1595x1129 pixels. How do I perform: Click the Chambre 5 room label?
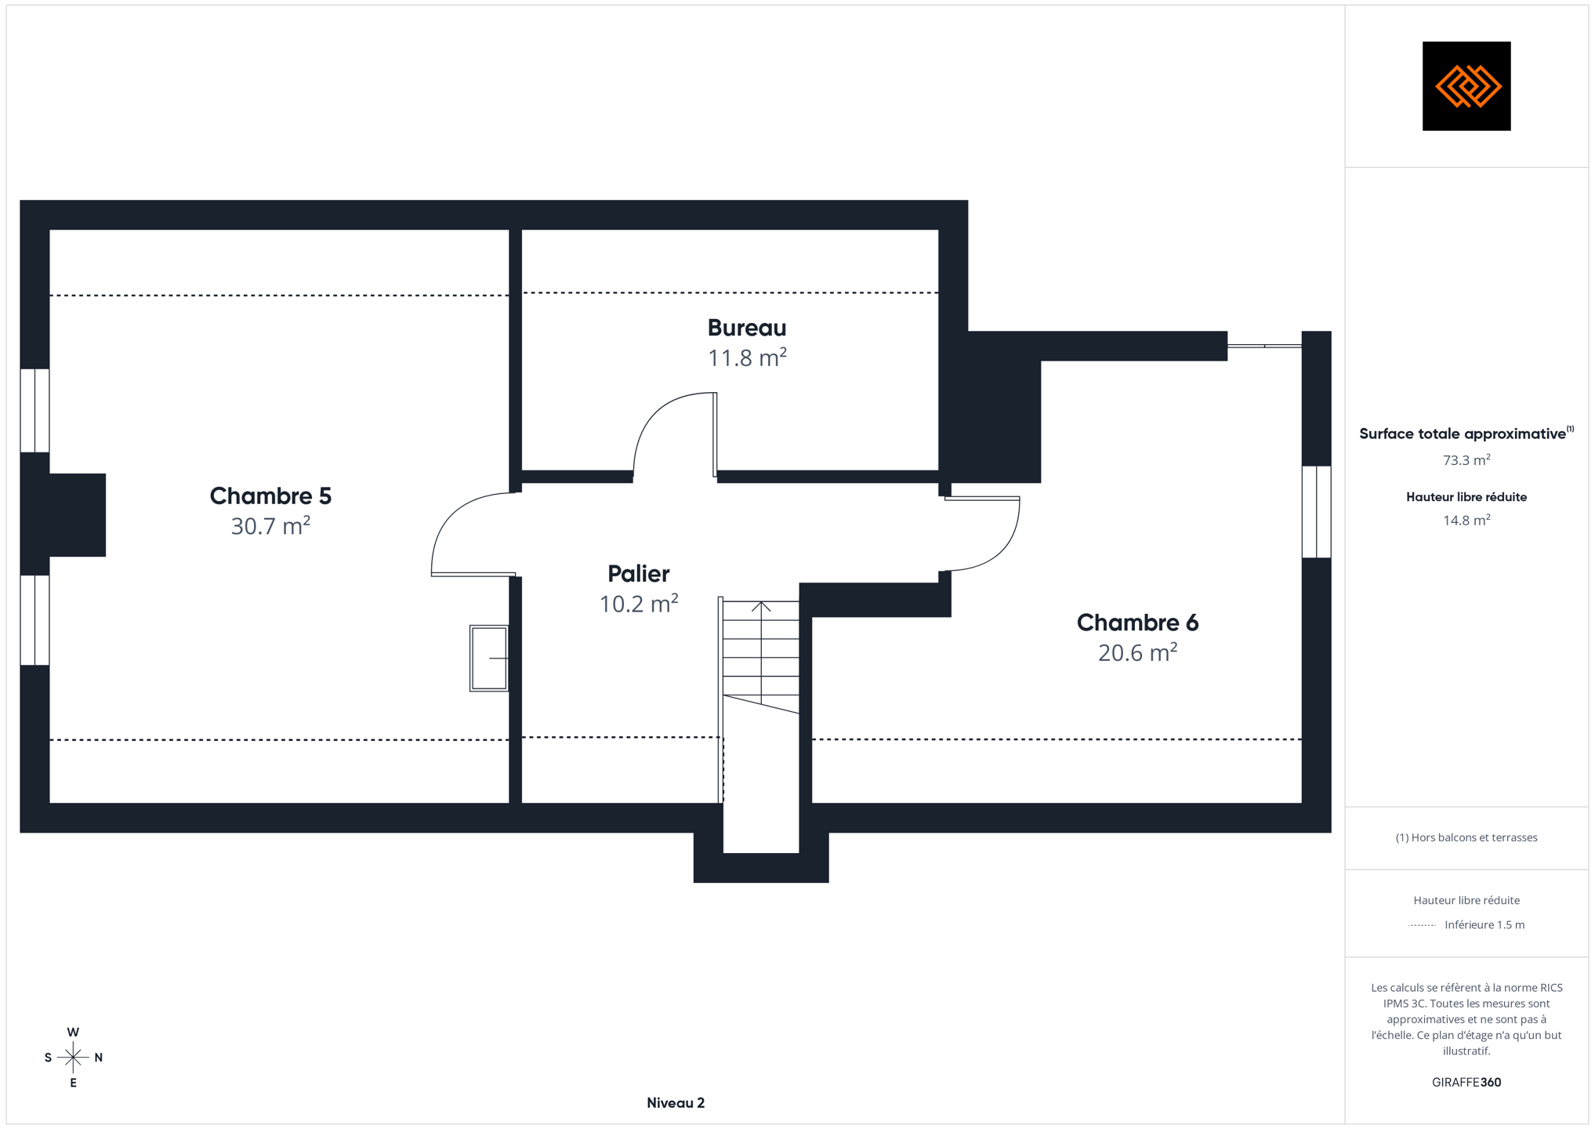click(270, 496)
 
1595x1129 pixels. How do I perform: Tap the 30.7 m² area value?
click(270, 525)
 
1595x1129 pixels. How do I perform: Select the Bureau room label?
click(747, 327)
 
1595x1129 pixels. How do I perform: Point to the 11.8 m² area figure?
click(747, 358)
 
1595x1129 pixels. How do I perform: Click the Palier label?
click(638, 573)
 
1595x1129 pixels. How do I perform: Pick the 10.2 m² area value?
click(638, 604)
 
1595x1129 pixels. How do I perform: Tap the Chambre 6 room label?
click(1137, 623)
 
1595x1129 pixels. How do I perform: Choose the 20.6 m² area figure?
click(1137, 652)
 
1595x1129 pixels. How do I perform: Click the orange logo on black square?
click(1466, 86)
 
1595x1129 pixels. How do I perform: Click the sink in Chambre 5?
click(489, 659)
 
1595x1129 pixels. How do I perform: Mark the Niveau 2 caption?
click(676, 1102)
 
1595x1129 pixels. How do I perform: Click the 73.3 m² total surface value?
click(1466, 460)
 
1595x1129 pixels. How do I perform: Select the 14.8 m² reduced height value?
click(1466, 520)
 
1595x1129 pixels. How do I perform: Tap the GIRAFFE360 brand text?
click(1466, 1082)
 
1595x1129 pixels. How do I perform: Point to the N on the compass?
click(99, 1058)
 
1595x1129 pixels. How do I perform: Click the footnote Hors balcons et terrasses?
click(1466, 837)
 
